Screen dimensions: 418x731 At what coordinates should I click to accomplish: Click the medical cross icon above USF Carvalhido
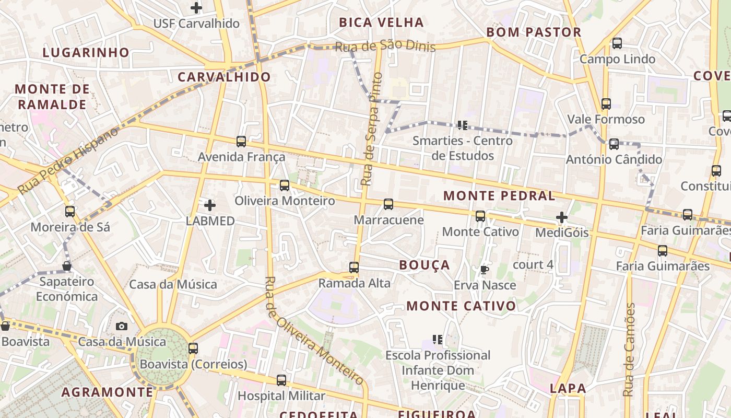(x=196, y=8)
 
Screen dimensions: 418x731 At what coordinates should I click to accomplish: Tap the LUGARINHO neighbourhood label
(x=86, y=52)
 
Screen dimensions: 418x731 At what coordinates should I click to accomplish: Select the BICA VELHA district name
(x=381, y=22)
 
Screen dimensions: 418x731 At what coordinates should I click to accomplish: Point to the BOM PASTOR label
(x=534, y=32)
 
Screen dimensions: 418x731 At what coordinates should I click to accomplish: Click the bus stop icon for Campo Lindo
(x=617, y=43)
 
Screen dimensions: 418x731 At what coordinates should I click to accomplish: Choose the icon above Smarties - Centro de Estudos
(x=462, y=125)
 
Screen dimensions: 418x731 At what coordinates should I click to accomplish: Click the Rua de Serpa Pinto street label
(x=371, y=129)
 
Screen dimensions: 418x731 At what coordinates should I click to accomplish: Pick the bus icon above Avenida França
(x=241, y=141)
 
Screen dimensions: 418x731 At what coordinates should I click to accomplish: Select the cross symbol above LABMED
(x=210, y=205)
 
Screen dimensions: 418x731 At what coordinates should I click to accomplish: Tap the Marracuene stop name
(x=388, y=220)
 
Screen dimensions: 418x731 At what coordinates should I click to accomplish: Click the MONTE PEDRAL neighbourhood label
(x=499, y=196)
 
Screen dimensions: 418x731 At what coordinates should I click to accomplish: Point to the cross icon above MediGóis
(x=562, y=217)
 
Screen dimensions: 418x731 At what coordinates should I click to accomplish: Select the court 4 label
(x=533, y=264)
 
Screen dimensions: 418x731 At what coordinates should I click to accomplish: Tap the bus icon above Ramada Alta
(x=354, y=268)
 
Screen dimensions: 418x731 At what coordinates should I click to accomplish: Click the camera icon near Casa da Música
(x=122, y=327)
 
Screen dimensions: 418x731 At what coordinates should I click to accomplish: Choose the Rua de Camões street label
(x=630, y=350)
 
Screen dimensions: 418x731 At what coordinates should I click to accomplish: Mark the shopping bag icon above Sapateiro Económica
(x=67, y=266)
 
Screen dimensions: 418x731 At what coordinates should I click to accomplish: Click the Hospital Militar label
(x=281, y=396)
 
